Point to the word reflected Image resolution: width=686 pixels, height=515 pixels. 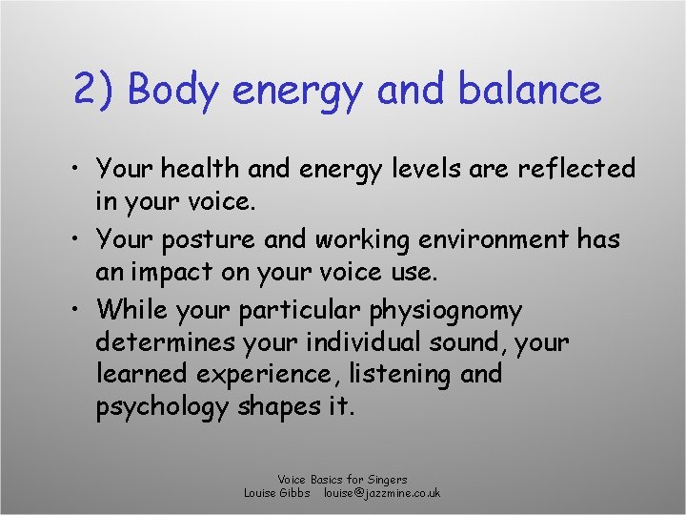point(575,169)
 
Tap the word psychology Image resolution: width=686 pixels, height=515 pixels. point(162,408)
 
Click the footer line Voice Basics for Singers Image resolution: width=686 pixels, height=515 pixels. point(342,480)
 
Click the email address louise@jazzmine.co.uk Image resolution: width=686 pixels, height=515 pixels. point(382,493)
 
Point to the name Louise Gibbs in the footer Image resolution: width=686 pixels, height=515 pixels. point(277,493)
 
